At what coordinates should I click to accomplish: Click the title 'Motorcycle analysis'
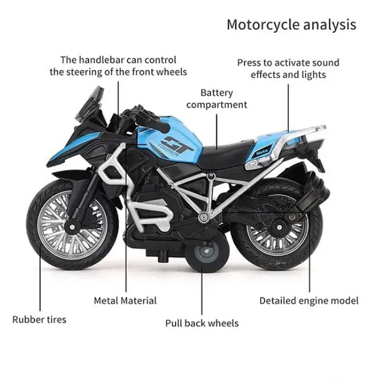pos(291,25)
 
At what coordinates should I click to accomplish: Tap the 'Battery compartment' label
pos(217,98)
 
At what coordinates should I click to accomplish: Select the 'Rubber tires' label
pos(40,319)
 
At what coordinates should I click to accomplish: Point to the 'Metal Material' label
pos(125,300)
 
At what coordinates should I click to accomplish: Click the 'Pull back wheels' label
pos(202,323)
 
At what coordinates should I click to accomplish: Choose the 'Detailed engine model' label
pos(309,300)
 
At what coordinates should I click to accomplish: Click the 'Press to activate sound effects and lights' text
pos(288,68)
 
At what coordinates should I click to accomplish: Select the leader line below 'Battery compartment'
pos(216,127)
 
